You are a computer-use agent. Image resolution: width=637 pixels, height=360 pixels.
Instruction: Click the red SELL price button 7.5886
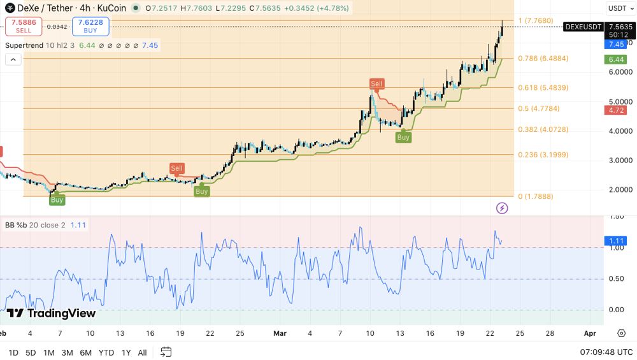(x=24, y=26)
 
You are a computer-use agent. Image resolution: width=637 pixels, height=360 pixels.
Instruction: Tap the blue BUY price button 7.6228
(x=90, y=26)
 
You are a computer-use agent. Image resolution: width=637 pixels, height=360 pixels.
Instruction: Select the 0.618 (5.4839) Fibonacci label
(x=543, y=88)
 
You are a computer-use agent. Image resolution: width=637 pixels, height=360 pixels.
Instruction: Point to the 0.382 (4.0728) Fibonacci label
(x=543, y=129)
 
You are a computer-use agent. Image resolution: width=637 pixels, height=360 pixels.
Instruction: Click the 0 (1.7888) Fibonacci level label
(x=535, y=196)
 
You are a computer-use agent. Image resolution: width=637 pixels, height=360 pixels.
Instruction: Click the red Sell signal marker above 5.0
(x=376, y=83)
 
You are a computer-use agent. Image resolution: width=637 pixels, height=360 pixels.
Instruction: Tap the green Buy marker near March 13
(x=403, y=137)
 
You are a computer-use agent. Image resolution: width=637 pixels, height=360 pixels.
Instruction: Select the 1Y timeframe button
(x=126, y=352)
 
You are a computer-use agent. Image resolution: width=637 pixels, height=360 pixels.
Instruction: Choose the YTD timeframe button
(x=106, y=352)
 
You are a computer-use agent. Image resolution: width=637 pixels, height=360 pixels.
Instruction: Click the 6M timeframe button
(x=86, y=352)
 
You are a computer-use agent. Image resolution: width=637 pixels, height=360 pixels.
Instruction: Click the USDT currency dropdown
(x=619, y=8)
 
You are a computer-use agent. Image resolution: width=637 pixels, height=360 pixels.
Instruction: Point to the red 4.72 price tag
(x=616, y=110)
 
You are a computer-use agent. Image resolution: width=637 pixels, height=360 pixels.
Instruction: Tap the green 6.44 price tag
(x=616, y=59)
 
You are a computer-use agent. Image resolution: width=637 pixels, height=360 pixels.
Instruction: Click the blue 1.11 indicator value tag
(x=616, y=241)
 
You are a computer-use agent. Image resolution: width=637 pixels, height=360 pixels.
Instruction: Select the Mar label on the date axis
(x=280, y=333)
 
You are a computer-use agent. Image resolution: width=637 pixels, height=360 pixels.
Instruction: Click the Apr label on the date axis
(x=589, y=333)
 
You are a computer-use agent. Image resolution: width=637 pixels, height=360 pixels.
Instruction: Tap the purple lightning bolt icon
(x=502, y=208)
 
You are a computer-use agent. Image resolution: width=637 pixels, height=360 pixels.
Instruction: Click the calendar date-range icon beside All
(x=166, y=352)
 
